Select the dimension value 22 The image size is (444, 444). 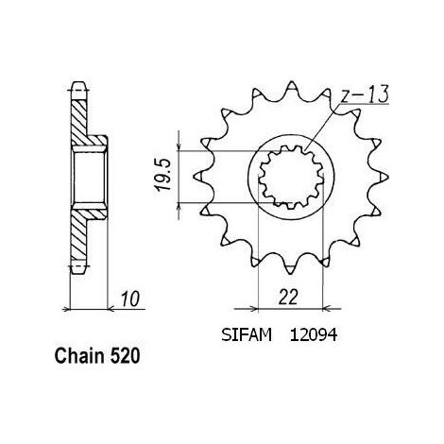point(288,297)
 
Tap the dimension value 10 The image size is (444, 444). point(130,299)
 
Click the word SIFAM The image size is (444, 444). point(247,335)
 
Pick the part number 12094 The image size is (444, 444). point(314,335)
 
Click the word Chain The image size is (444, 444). point(79,356)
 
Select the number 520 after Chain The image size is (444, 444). point(125,356)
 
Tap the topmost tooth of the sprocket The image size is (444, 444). point(291,87)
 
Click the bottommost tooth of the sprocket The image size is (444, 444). point(290,268)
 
